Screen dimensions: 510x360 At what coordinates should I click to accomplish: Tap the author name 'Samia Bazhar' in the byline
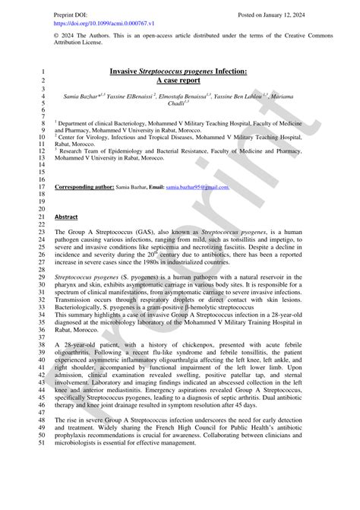pos(74,97)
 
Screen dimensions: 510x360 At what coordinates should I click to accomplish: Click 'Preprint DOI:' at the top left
pos(72,14)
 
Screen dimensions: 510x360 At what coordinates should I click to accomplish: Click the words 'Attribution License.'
pos(83,45)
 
